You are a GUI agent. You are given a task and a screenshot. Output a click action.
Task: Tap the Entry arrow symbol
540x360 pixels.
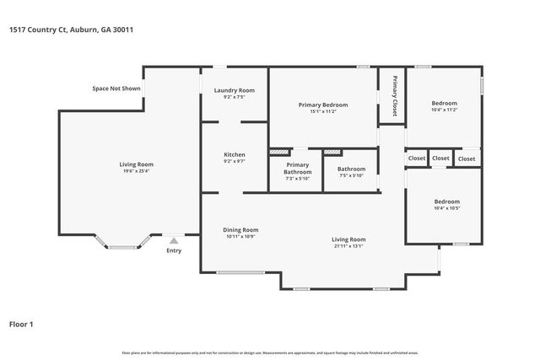tap(174, 240)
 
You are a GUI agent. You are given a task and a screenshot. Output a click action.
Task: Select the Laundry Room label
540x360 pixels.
tap(235, 90)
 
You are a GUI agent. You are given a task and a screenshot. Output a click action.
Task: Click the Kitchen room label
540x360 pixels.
tap(235, 155)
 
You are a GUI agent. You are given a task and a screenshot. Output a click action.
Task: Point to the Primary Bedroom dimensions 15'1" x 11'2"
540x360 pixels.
tap(323, 111)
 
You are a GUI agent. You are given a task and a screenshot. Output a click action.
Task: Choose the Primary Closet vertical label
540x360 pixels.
tap(393, 98)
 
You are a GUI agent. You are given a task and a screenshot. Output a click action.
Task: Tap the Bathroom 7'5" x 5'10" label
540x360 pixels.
tap(352, 169)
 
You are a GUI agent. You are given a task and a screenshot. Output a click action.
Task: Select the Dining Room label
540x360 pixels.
tap(241, 229)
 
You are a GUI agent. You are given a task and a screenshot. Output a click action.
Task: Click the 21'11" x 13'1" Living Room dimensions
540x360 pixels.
tap(348, 246)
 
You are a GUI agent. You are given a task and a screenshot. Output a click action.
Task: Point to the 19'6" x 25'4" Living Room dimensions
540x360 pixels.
tap(135, 171)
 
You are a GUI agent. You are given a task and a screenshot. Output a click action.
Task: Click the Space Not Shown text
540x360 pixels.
tap(117, 89)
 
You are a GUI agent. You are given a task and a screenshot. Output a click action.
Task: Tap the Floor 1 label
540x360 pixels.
tap(21, 323)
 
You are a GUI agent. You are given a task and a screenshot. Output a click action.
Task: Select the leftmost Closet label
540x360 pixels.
tap(417, 158)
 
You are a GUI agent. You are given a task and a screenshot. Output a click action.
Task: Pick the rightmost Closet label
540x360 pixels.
tap(467, 158)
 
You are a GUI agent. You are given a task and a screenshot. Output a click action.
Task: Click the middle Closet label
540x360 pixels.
tap(441, 158)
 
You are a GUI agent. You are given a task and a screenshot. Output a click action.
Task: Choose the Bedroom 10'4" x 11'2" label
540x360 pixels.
tap(445, 106)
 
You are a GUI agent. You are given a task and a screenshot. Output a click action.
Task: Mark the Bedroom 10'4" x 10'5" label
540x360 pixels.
tap(446, 205)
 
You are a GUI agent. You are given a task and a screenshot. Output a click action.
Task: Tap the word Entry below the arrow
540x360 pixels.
tap(174, 250)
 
